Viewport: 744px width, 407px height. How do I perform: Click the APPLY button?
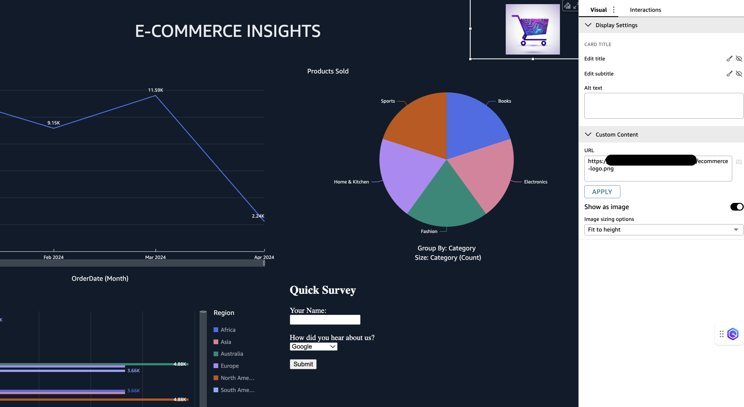pos(602,192)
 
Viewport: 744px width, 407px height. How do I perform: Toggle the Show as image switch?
pos(737,207)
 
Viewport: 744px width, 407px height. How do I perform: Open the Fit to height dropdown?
pos(664,230)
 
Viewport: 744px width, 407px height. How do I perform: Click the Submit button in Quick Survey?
pos(303,364)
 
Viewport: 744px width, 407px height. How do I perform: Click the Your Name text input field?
pos(325,320)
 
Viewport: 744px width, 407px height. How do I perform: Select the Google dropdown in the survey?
pos(313,347)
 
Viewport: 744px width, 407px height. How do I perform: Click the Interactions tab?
pos(645,10)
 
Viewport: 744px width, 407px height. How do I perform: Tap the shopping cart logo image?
pos(533,29)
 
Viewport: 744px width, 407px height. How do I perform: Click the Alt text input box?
pos(664,106)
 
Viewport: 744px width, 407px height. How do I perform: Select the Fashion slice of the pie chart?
pos(446,201)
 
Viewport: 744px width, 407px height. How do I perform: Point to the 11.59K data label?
pos(156,90)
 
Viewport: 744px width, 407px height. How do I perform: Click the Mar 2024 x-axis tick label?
pos(156,257)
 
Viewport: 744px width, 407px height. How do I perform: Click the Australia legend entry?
pos(232,354)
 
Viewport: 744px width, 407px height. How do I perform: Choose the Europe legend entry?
pos(229,366)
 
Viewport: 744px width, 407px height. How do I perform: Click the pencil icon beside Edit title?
pos(729,59)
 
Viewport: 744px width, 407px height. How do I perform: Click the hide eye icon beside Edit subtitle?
pos(739,74)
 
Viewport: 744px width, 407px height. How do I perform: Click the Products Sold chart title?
pos(328,71)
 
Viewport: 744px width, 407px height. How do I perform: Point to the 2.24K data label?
pos(258,216)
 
